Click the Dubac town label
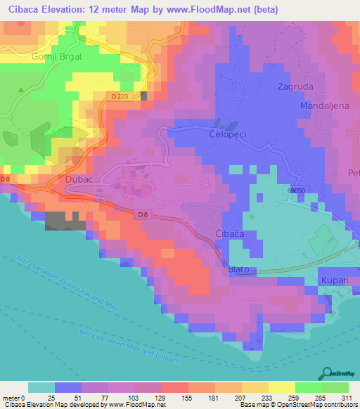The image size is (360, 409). tap(78, 181)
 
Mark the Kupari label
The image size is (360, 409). tap(335, 280)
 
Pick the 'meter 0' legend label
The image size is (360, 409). tap(14, 398)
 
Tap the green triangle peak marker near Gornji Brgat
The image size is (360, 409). tap(21, 90)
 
